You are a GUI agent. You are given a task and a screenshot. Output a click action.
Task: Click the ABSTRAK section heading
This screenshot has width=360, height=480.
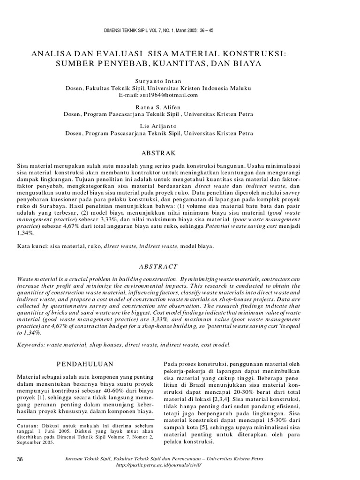coord(158,153)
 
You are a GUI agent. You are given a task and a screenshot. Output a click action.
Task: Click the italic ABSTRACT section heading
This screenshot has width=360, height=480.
coord(158,266)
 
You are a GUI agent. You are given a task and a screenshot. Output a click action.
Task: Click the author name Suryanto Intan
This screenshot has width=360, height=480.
coord(158,81)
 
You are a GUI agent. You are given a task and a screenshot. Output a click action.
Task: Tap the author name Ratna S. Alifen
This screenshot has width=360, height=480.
coord(158,106)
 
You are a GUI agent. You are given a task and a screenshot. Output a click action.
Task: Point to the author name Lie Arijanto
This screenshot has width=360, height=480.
coord(158,126)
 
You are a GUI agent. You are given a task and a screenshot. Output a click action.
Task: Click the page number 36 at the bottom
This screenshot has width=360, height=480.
coord(20,458)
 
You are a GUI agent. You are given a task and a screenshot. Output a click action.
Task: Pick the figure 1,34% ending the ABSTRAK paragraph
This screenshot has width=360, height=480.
coord(25,232)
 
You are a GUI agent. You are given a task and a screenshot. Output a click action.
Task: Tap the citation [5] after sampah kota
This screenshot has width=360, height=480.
coord(204,428)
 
